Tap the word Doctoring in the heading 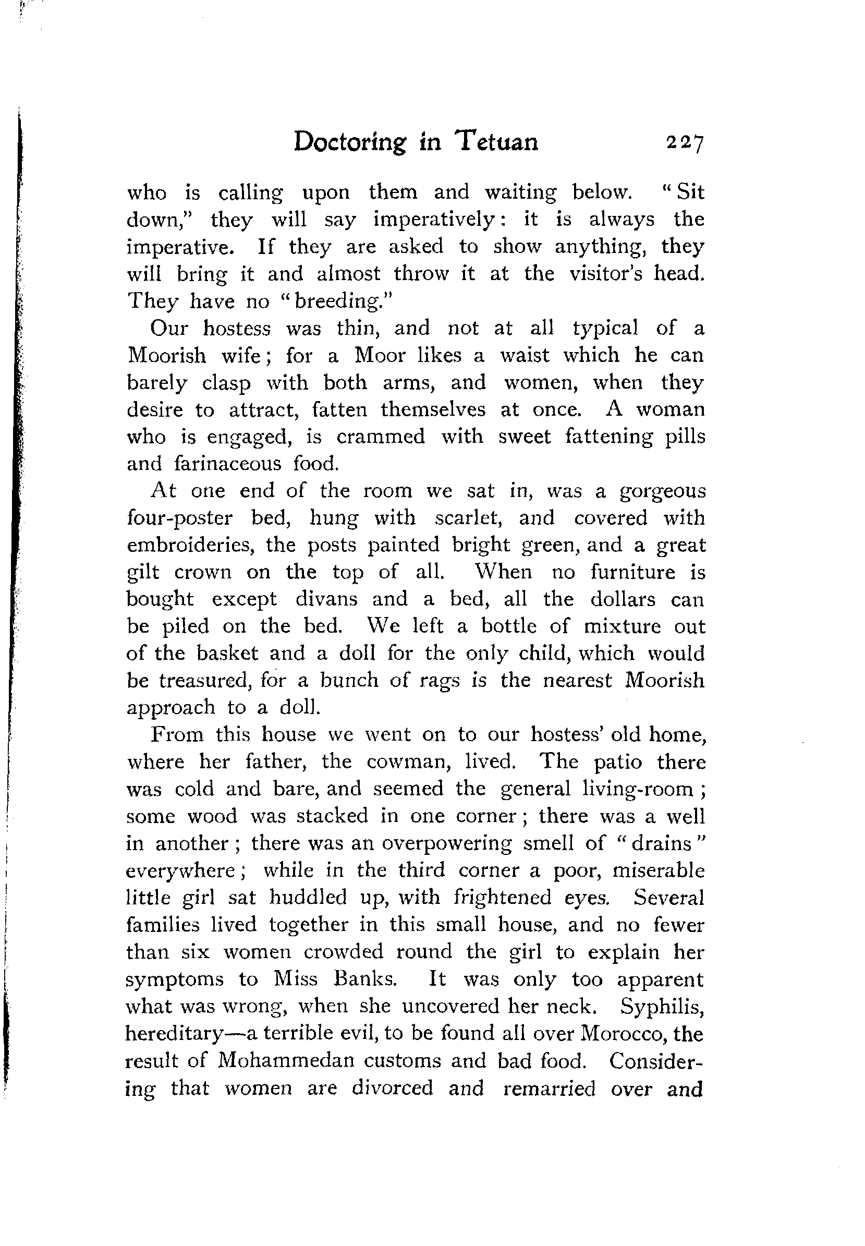(349, 142)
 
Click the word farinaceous (228, 464)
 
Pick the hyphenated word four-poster (179, 518)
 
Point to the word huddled (308, 898)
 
